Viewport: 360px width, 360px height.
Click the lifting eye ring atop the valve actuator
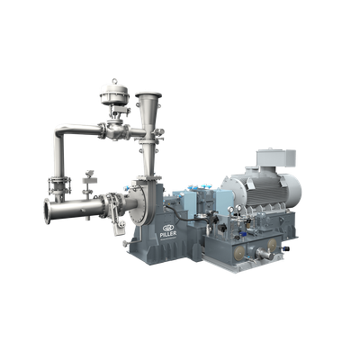pos(114,81)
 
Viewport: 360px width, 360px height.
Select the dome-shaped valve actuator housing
pos(114,94)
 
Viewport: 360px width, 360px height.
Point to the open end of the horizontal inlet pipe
pos(47,211)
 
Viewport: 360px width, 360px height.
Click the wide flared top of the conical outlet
pos(148,95)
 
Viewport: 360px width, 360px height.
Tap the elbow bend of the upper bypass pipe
pos(59,132)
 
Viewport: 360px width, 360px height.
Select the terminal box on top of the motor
pos(275,158)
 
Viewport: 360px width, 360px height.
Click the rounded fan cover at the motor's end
pos(292,190)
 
